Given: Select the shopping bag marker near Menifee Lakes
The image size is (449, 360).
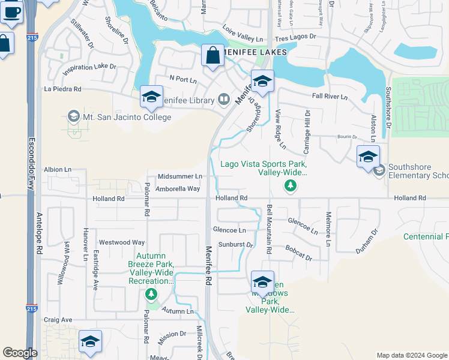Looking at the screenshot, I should coord(212,56).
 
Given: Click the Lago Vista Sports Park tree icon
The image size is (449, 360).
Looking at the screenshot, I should coord(290,185).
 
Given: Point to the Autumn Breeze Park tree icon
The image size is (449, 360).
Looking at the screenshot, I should coord(151,293).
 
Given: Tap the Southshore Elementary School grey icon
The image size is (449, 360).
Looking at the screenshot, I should coord(379,172).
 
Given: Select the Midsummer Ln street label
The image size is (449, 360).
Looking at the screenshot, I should coord(179,176).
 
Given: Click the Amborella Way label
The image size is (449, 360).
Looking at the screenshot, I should coord(178,188).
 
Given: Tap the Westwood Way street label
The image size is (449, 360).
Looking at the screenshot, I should coord(122,242).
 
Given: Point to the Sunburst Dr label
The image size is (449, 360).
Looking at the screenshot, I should coord(237,245).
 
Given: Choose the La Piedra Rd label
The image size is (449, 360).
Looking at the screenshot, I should coord(62,89).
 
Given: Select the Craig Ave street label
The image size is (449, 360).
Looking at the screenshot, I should coord(58,320).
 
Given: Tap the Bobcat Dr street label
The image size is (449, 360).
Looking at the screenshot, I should coord(298,253).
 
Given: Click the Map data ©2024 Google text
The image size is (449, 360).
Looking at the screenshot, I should coord(412,355).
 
